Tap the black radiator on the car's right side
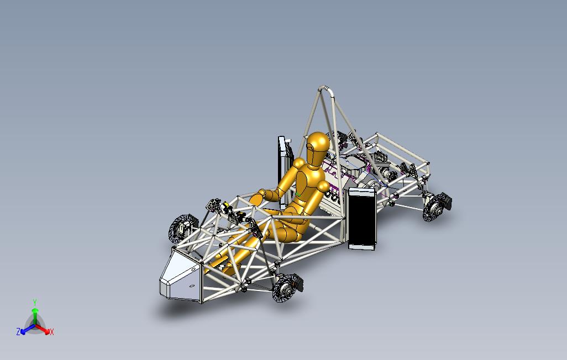click(x=361, y=219)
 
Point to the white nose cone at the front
click(x=180, y=275)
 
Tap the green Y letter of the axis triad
click(x=34, y=302)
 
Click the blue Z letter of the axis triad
click(x=18, y=332)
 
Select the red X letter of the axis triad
click(x=51, y=332)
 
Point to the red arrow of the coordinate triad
click(x=44, y=329)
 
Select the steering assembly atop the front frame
click(x=221, y=208)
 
